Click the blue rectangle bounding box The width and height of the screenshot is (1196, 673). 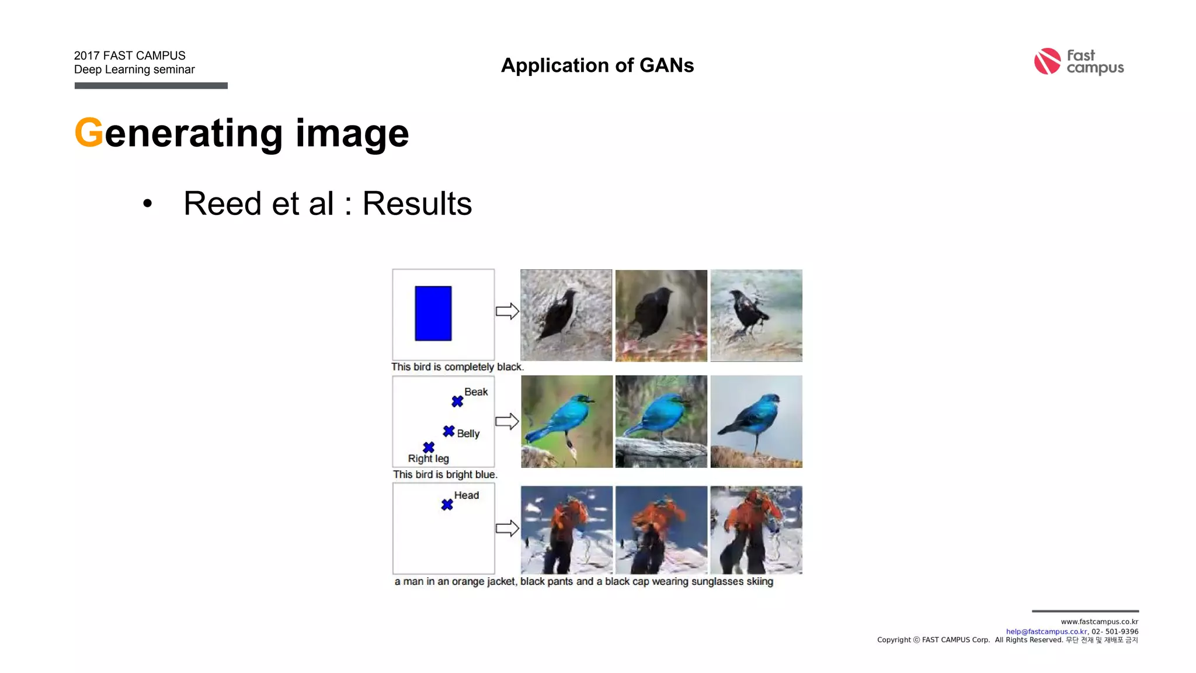pyautogui.click(x=433, y=313)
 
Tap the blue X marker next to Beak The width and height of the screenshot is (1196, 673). pyautogui.click(x=457, y=401)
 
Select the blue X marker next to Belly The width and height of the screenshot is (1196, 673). pyautogui.click(x=448, y=431)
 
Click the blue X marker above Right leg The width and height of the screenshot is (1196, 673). pyautogui.click(x=429, y=447)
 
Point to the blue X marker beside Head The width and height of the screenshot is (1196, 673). pyautogui.click(x=447, y=504)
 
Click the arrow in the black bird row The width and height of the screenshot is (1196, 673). pyautogui.click(x=507, y=311)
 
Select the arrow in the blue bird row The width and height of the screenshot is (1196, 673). pyautogui.click(x=507, y=421)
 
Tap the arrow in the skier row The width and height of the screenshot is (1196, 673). pyautogui.click(x=507, y=528)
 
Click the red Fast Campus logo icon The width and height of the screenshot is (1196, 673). pyautogui.click(x=1047, y=61)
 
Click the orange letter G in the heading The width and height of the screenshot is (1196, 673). pyautogui.click(x=89, y=133)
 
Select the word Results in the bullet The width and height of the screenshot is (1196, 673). pyautogui.click(x=417, y=203)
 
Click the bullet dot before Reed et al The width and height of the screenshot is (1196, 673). pyautogui.click(x=147, y=204)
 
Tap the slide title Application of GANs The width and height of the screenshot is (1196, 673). pyautogui.click(x=597, y=65)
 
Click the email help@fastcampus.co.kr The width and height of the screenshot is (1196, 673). pyautogui.click(x=1046, y=632)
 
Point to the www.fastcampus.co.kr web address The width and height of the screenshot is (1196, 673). pyautogui.click(x=1099, y=622)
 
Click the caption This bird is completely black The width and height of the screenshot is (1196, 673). pyautogui.click(x=457, y=367)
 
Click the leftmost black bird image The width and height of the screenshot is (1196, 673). pyautogui.click(x=566, y=315)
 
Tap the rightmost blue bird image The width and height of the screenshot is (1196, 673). pyautogui.click(x=756, y=421)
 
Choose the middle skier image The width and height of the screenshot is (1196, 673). pyautogui.click(x=661, y=530)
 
